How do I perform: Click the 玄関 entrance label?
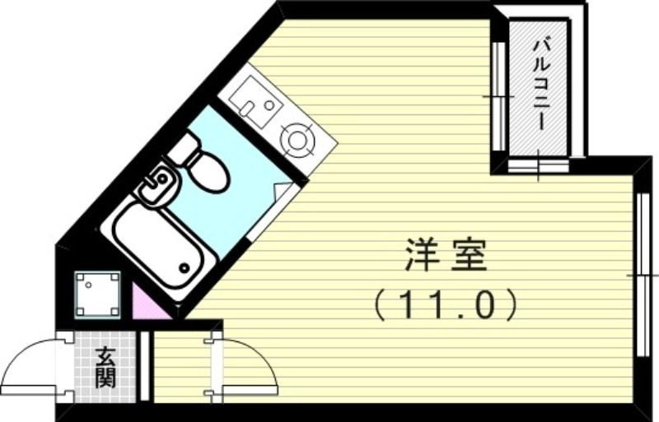coord(105,367)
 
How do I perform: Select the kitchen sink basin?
coord(250,100)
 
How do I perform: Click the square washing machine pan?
coord(98,292)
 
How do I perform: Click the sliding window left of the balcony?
coord(498,95)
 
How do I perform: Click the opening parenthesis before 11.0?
coord(378,305)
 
